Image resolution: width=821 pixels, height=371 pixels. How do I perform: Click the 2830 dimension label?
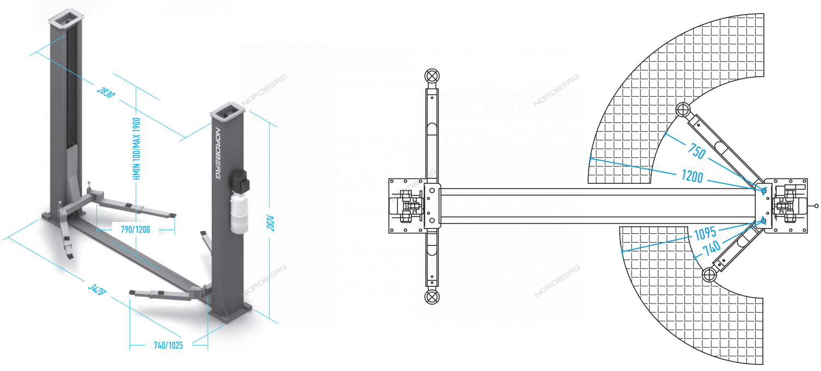point(106,92)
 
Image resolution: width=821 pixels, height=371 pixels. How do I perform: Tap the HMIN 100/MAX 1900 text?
point(137,149)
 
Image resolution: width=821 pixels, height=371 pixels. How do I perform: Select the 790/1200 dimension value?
point(135,230)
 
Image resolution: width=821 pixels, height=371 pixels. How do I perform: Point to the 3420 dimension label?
point(97,289)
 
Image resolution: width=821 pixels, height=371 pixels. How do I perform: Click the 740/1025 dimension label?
point(168,345)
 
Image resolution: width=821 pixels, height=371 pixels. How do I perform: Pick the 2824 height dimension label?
point(270,223)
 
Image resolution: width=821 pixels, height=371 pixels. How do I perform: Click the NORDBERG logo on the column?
point(218,153)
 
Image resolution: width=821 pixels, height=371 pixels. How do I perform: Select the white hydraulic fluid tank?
point(239,214)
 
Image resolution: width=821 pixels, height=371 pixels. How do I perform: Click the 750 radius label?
point(696,151)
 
